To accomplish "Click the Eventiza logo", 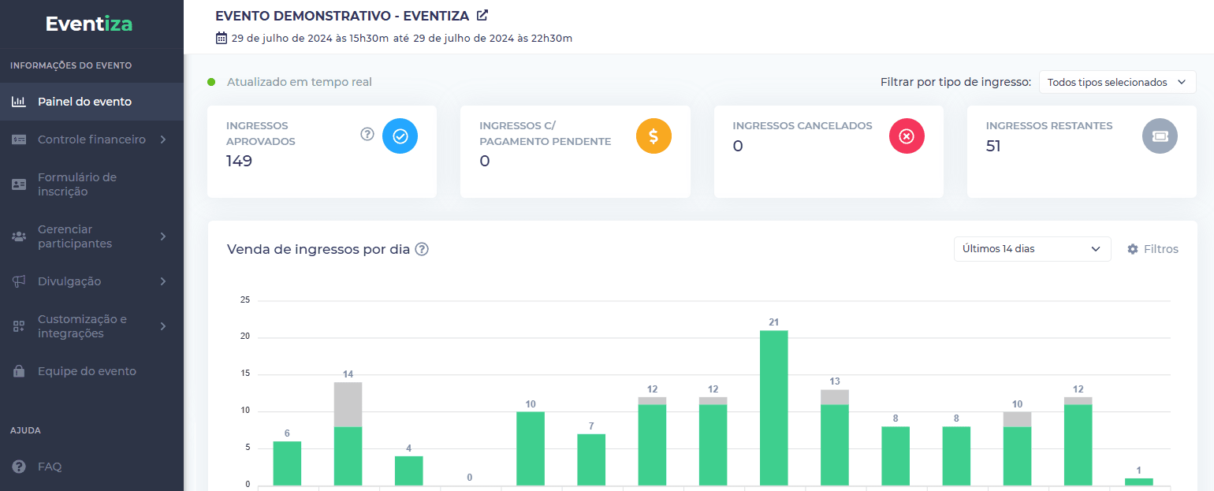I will click(89, 24).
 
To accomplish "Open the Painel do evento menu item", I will click(84, 102).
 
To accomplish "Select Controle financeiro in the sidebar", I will click(91, 139).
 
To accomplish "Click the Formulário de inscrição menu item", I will click(77, 184).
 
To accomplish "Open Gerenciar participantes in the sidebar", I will click(75, 236).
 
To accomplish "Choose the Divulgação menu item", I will click(69, 281).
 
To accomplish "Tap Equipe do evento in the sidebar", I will click(87, 371).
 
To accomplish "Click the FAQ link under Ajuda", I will click(50, 467).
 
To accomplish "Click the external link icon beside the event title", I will click(482, 15).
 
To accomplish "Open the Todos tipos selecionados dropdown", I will click(1117, 82).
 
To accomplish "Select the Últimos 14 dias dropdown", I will click(1032, 249).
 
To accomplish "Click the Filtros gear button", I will click(1153, 249).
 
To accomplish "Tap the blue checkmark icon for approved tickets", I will click(400, 136).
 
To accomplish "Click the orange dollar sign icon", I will click(654, 136).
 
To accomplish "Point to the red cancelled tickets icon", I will click(907, 136).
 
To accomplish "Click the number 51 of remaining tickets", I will click(993, 146).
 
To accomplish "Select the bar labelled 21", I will click(773, 407).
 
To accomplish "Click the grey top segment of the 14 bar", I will click(348, 404).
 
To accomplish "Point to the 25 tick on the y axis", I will click(245, 300).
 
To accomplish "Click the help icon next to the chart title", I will click(422, 249).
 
